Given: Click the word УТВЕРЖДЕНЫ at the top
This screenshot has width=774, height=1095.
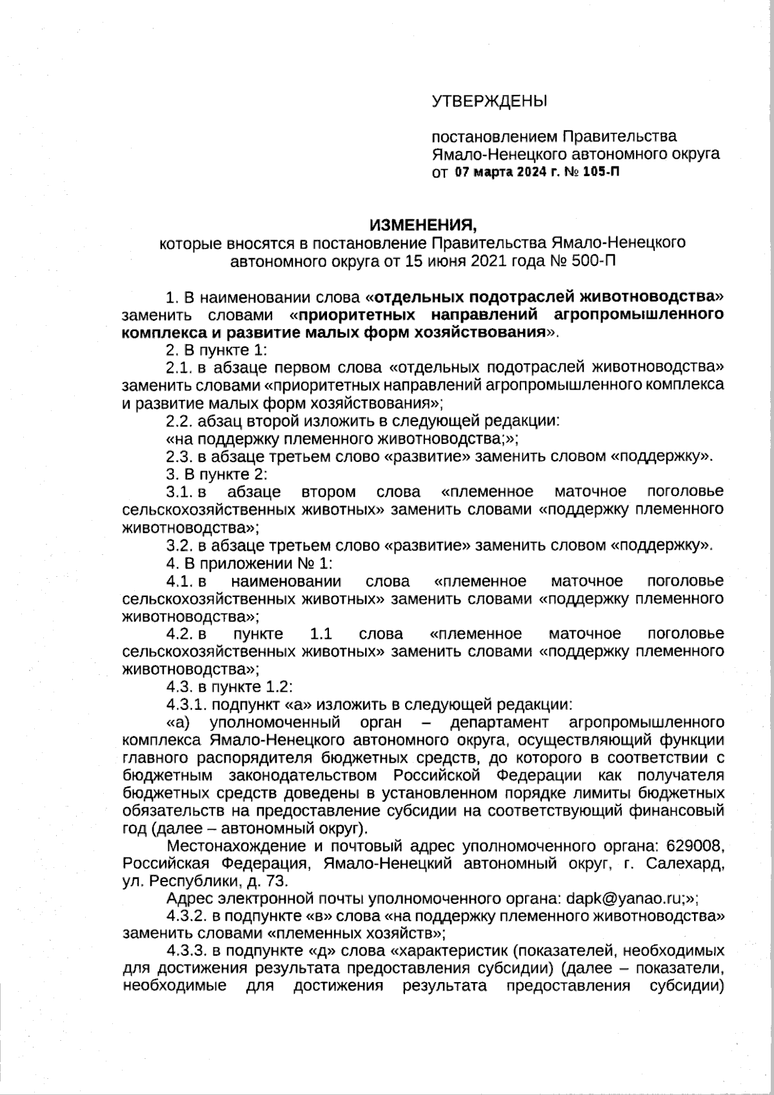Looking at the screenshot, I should tap(488, 101).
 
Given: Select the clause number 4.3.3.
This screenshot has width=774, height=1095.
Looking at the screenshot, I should tap(186, 951).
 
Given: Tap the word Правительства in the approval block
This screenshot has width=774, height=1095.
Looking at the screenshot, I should tap(620, 136).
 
